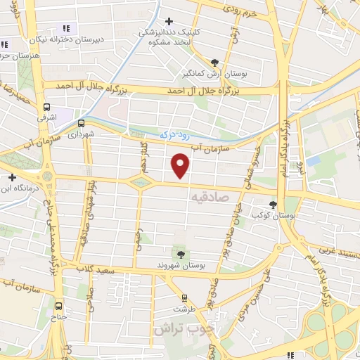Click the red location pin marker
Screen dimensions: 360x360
181,165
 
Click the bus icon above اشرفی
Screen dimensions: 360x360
46,108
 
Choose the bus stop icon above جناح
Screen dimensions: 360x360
58,307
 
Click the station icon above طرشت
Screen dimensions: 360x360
184,298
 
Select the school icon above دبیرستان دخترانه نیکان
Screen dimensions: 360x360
66,28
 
